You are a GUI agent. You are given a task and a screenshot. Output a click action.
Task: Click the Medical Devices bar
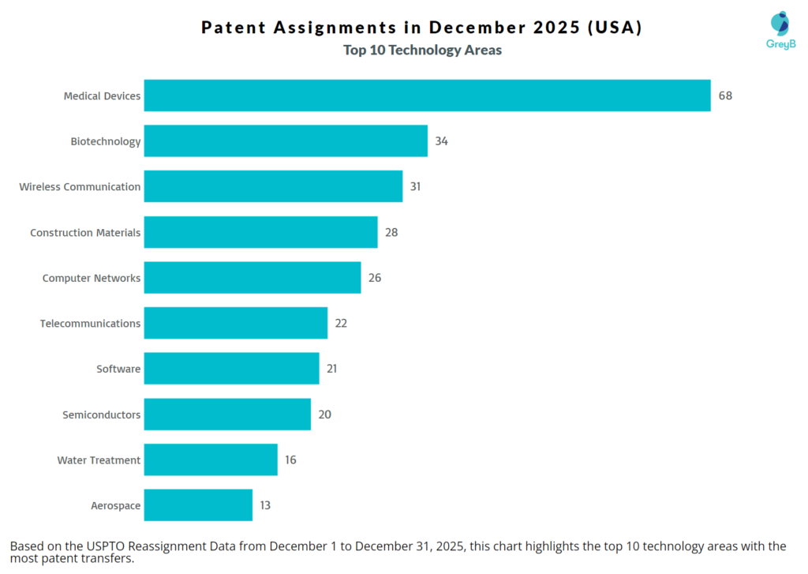click(x=427, y=96)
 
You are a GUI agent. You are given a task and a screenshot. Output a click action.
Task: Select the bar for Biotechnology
click(x=286, y=141)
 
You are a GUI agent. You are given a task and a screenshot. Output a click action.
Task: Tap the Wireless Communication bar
click(x=273, y=187)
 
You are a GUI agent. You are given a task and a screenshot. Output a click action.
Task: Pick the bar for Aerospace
click(x=198, y=505)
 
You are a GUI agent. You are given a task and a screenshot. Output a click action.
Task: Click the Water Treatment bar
click(x=211, y=460)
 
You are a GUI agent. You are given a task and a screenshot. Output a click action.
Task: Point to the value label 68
click(x=725, y=96)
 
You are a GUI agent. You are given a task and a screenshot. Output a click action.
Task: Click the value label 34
click(x=441, y=141)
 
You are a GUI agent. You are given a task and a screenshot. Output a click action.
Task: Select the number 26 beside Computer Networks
click(x=375, y=278)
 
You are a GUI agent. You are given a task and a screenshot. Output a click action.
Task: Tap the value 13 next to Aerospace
click(x=265, y=505)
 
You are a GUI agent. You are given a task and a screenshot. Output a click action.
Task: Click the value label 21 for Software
click(x=332, y=369)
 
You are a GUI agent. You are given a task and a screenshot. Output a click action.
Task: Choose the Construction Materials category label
click(x=85, y=233)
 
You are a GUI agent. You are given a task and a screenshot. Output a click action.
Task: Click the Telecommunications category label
click(x=90, y=324)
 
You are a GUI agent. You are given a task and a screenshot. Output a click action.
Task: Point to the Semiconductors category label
click(x=102, y=415)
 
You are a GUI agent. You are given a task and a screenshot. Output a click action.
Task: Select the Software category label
click(x=118, y=369)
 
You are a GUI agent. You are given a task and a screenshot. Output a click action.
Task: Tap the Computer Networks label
click(x=92, y=278)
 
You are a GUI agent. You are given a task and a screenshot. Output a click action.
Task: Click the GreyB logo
click(x=780, y=30)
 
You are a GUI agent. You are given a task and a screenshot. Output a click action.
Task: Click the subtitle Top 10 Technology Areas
click(x=422, y=51)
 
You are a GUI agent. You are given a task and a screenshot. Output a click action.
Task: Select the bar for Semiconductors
click(x=227, y=415)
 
